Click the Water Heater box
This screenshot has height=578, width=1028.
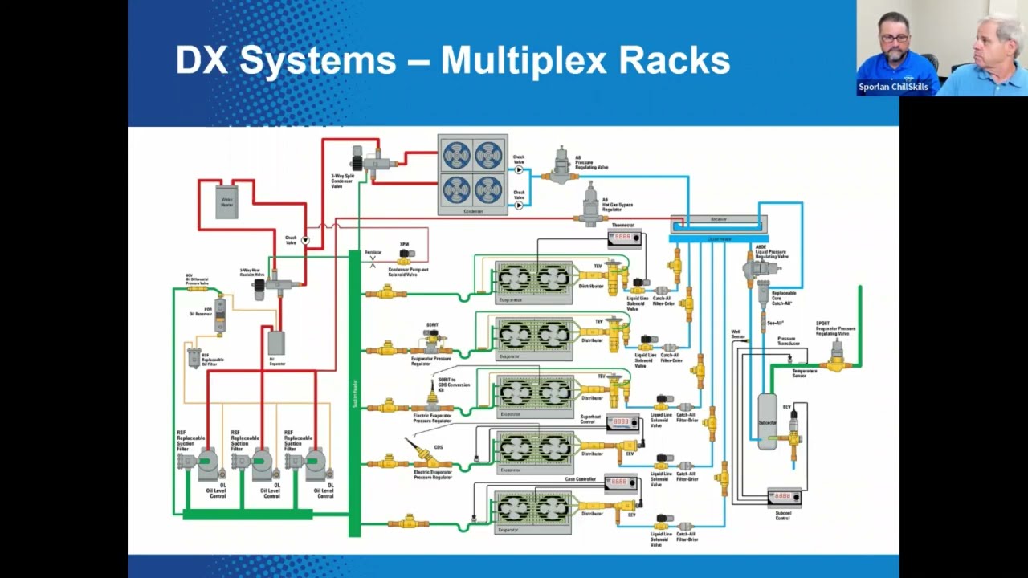227,201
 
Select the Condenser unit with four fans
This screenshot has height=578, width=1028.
472,174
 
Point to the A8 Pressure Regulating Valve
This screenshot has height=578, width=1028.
562,165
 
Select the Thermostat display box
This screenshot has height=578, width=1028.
624,238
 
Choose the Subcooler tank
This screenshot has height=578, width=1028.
768,421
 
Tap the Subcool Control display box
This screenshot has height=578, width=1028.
784,497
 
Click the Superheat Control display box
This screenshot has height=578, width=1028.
622,423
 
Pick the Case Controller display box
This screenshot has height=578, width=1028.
620,482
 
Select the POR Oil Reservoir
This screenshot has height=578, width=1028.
220,314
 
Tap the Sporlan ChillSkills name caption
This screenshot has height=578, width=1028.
893,87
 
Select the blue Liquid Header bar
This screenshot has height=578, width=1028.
719,238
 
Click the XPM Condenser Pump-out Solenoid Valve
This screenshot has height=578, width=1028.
406,255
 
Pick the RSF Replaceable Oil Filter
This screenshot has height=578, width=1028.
194,356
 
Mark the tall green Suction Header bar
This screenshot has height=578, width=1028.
354,393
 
